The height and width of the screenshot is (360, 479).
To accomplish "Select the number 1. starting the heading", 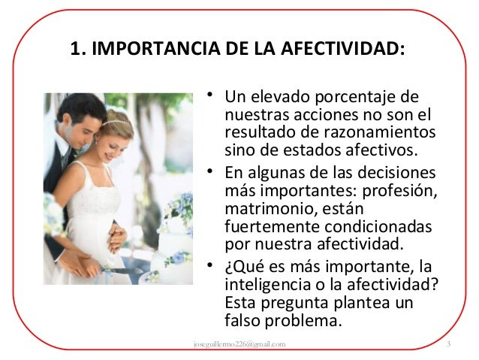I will (x=76, y=50).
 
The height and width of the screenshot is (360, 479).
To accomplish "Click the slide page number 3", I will (x=448, y=344).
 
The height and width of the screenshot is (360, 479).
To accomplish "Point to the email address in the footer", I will (x=239, y=344).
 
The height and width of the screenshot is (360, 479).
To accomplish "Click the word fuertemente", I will (x=265, y=226).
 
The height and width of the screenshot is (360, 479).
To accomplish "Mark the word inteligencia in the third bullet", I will (x=263, y=286).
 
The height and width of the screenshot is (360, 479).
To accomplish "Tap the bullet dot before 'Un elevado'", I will (x=213, y=95).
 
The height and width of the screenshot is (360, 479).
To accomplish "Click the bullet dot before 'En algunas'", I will (x=213, y=172).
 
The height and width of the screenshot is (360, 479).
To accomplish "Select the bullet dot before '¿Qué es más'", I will (x=213, y=265).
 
